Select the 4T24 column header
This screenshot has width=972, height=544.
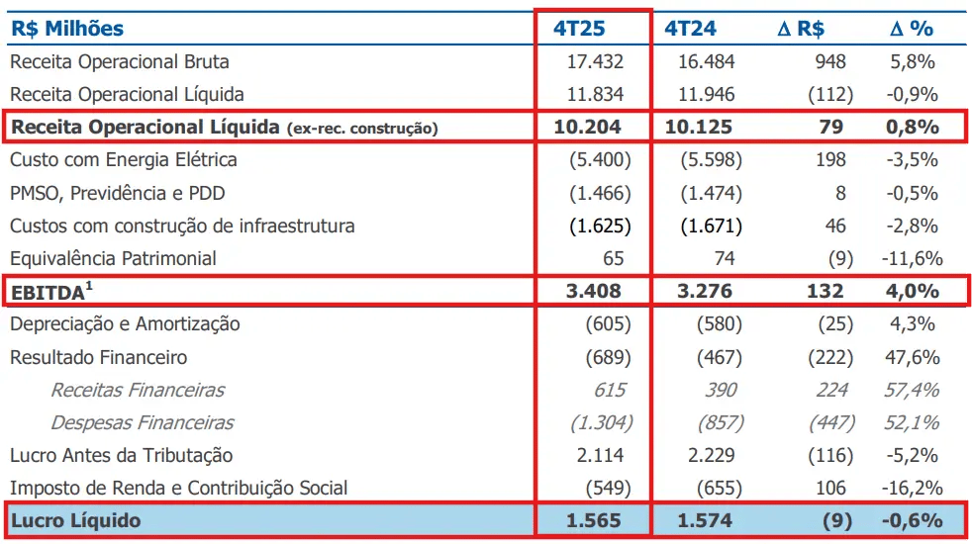click(x=691, y=29)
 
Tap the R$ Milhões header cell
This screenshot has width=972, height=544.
click(x=67, y=29)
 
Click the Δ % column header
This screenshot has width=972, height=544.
click(x=911, y=29)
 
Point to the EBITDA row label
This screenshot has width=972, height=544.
click(x=50, y=291)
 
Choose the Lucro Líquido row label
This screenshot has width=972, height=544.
click(x=75, y=520)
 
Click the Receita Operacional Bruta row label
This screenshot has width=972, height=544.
click(x=119, y=61)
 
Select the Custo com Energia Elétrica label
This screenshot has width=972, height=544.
click(x=123, y=159)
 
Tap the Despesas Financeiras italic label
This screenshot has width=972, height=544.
click(x=142, y=422)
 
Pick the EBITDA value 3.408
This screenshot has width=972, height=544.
click(x=594, y=291)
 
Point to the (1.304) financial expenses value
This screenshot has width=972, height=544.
click(x=601, y=422)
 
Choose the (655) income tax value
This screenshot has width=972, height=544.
click(x=720, y=488)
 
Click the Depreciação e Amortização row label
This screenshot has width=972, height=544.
click(x=125, y=323)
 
